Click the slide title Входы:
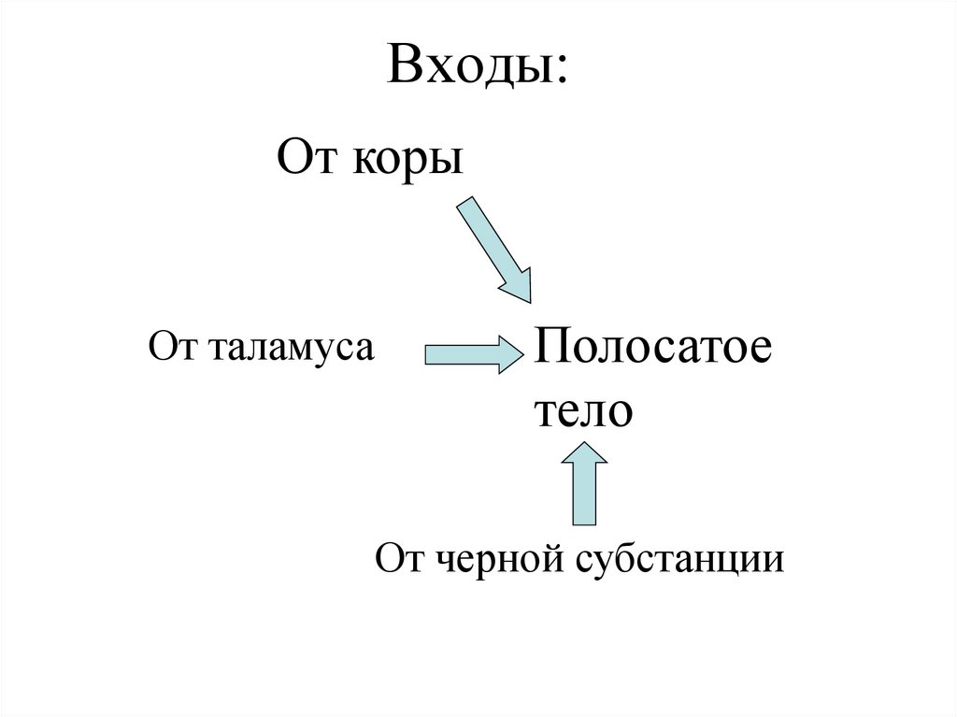(478, 67)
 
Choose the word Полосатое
(652, 351)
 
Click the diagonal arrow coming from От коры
(492, 246)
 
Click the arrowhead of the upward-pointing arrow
(585, 454)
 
